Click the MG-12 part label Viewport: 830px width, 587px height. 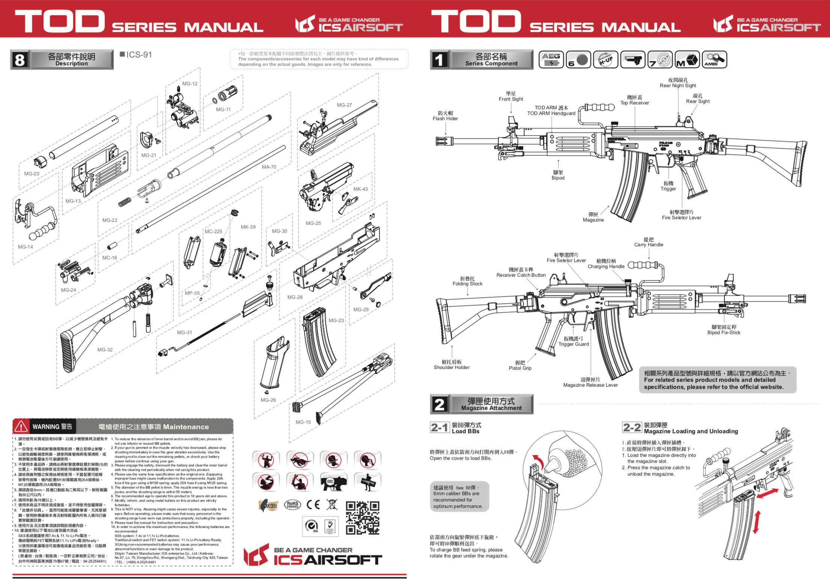tap(190, 84)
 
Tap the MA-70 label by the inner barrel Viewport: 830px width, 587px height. tap(269, 167)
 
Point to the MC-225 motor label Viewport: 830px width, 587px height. tap(213, 232)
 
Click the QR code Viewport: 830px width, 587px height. tap(362, 518)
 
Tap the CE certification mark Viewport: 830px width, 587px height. tap(313, 504)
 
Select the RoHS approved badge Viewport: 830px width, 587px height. tap(292, 505)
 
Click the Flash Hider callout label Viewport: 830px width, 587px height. tap(445, 116)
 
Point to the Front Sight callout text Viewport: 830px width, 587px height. tap(511, 96)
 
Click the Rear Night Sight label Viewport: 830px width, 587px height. tap(678, 83)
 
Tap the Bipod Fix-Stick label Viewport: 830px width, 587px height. tap(723, 330)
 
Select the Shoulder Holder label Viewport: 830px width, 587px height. tap(452, 365)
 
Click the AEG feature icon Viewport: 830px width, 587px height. tap(551, 59)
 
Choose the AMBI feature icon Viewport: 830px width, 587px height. tap(714, 59)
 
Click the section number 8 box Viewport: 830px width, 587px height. tap(20, 60)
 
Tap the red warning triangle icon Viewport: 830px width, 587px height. tap(21, 426)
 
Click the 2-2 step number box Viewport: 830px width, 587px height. tap(632, 427)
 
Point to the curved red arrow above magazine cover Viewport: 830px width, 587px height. tap(538, 460)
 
